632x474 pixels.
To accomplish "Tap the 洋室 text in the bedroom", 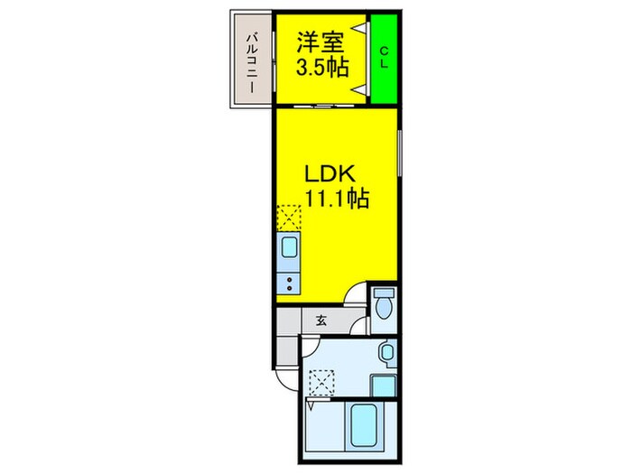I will click(320, 41).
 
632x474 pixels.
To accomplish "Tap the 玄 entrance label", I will click(321, 319).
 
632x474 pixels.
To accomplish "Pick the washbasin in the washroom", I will click(386, 352).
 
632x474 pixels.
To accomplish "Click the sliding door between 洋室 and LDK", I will click(321, 106).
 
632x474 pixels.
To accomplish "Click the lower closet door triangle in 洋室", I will click(363, 88).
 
